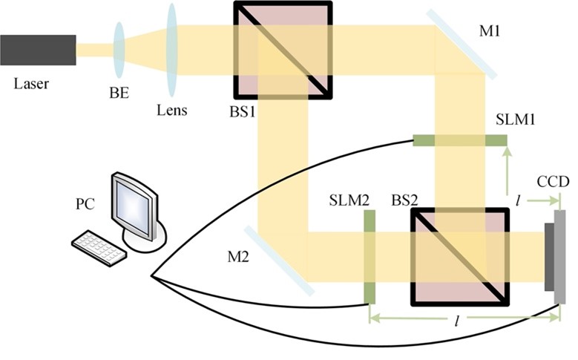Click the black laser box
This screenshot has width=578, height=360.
pyautogui.click(x=38, y=50)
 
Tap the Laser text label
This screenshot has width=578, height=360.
pyautogui.click(x=32, y=82)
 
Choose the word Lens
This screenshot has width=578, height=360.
pyautogui.click(x=172, y=111)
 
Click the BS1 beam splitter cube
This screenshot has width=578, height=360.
pyautogui.click(x=283, y=50)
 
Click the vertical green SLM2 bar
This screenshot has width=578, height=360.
pyautogui.click(x=368, y=256)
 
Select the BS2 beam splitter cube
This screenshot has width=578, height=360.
pyautogui.click(x=460, y=256)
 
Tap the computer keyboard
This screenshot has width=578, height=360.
pyautogui.click(x=99, y=246)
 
